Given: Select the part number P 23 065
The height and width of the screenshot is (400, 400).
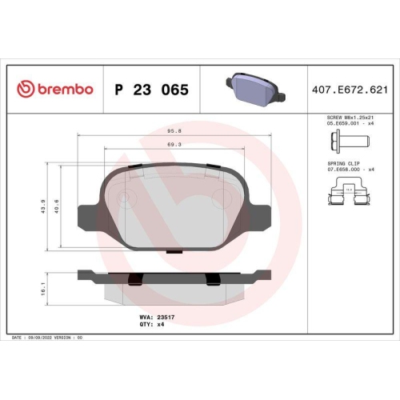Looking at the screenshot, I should pyautogui.click(x=151, y=90).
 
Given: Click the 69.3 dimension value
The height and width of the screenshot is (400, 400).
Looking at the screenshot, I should pyautogui.click(x=174, y=145).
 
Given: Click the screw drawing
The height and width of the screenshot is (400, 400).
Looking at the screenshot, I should pyautogui.click(x=345, y=144).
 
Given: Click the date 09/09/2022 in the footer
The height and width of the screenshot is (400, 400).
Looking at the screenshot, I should pyautogui.click(x=50, y=339).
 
